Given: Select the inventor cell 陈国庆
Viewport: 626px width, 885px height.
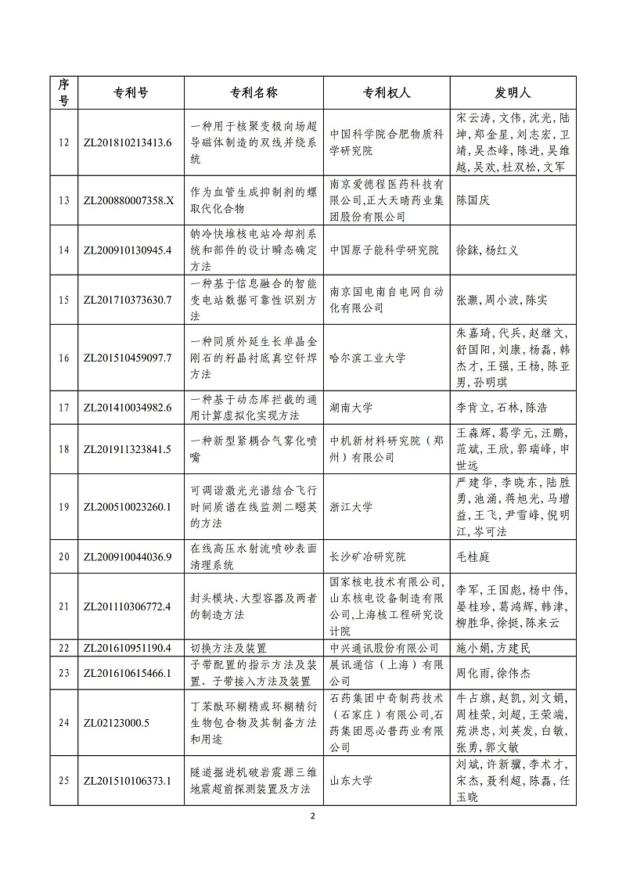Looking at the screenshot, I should [473, 200].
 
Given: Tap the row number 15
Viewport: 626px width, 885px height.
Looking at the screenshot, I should [64, 300].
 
